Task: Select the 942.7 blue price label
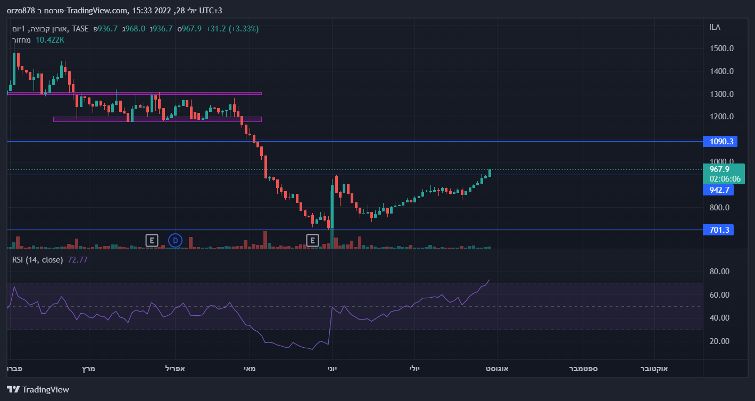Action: (718, 190)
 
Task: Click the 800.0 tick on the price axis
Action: (723, 208)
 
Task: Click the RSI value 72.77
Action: (78, 260)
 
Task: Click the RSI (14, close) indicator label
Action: (38, 260)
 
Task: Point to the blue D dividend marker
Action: (175, 240)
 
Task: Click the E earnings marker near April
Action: (152, 240)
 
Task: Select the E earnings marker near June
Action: (312, 240)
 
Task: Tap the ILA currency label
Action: (715, 27)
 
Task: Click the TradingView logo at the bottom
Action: (38, 389)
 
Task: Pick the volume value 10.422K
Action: (50, 39)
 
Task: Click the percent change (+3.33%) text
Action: (244, 29)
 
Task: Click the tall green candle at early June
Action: (332, 208)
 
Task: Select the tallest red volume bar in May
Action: (265, 240)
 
